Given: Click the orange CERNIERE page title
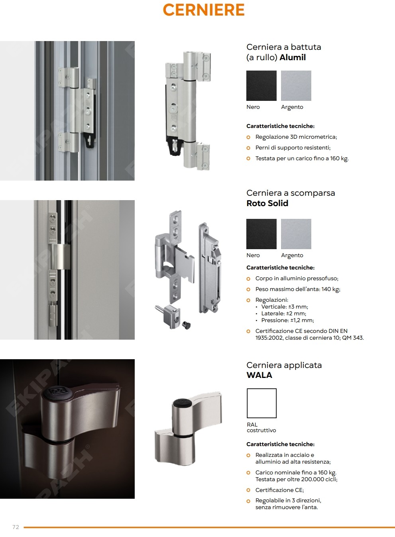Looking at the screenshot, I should pyautogui.click(x=204, y=10).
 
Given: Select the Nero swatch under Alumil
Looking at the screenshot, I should pyautogui.click(x=261, y=86).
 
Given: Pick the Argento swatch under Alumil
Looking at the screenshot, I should pyautogui.click(x=296, y=86).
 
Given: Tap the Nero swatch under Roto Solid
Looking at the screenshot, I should pyautogui.click(x=261, y=234).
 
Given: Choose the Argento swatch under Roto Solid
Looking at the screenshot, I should pyautogui.click(x=296, y=234).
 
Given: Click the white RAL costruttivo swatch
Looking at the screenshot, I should pyautogui.click(x=261, y=403).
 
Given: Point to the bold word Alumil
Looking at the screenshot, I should pyautogui.click(x=293, y=57).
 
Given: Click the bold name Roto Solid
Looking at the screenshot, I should pyautogui.click(x=267, y=203).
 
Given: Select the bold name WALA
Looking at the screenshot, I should pyautogui.click(x=259, y=375).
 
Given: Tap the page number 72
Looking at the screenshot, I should pyautogui.click(x=16, y=527).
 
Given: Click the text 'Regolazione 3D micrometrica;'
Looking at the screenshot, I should pyautogui.click(x=296, y=137).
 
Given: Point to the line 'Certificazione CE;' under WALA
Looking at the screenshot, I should pyautogui.click(x=279, y=490).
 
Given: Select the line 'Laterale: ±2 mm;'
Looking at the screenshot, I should pyautogui.click(x=283, y=313).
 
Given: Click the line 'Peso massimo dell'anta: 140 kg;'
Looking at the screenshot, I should pyautogui.click(x=298, y=289).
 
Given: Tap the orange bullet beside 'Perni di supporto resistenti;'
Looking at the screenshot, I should pyautogui.click(x=248, y=148).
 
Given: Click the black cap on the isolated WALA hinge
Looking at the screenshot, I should pyautogui.click(x=181, y=403).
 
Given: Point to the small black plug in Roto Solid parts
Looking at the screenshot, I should pyautogui.click(x=186, y=325).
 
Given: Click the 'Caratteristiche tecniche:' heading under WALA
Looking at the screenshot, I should pyautogui.click(x=280, y=444).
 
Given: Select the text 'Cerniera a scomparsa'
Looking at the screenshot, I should pyautogui.click(x=291, y=193).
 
